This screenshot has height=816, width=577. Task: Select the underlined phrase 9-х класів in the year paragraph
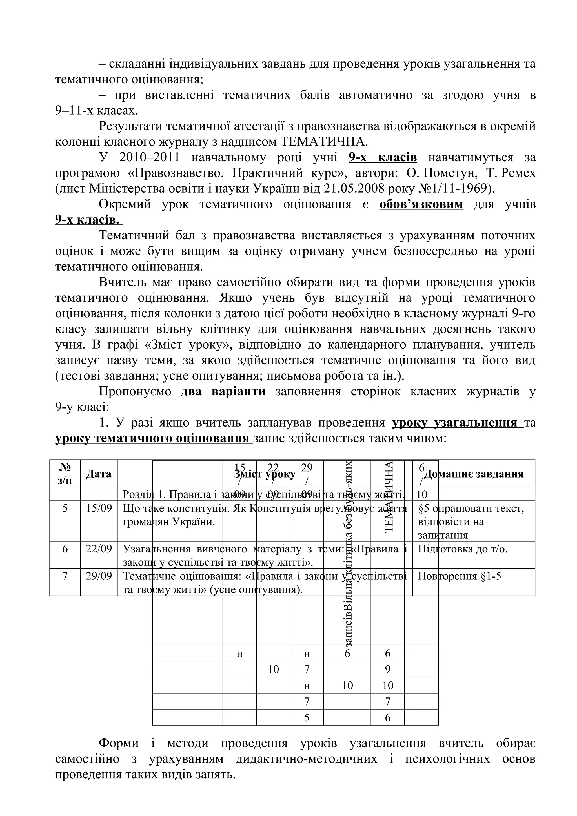tap(383, 157)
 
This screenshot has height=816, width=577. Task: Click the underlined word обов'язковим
tap(421, 204)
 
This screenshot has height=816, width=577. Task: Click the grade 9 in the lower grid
tap(387, 670)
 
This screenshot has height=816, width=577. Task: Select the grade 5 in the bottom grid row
tap(307, 717)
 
